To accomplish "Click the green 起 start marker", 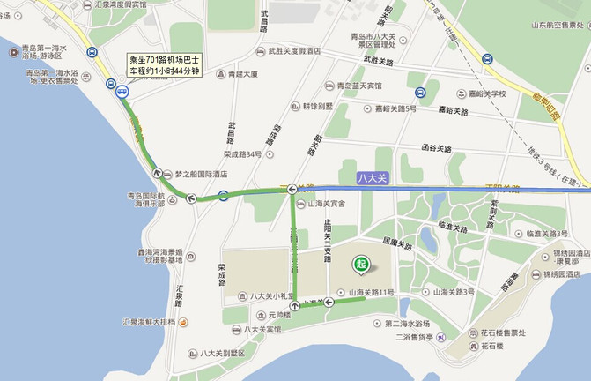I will pyautogui.click(x=360, y=263).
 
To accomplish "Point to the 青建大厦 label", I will pyautogui.click(x=244, y=74).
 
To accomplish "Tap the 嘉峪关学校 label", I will pyautogui.click(x=486, y=93).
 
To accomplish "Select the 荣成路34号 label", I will pyautogui.click(x=241, y=154).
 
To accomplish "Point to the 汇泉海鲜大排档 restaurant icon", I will pyautogui.click(x=183, y=323).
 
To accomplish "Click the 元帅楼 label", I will pyautogui.click(x=271, y=315).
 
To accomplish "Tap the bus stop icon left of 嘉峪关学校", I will pyautogui.click(x=421, y=93).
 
